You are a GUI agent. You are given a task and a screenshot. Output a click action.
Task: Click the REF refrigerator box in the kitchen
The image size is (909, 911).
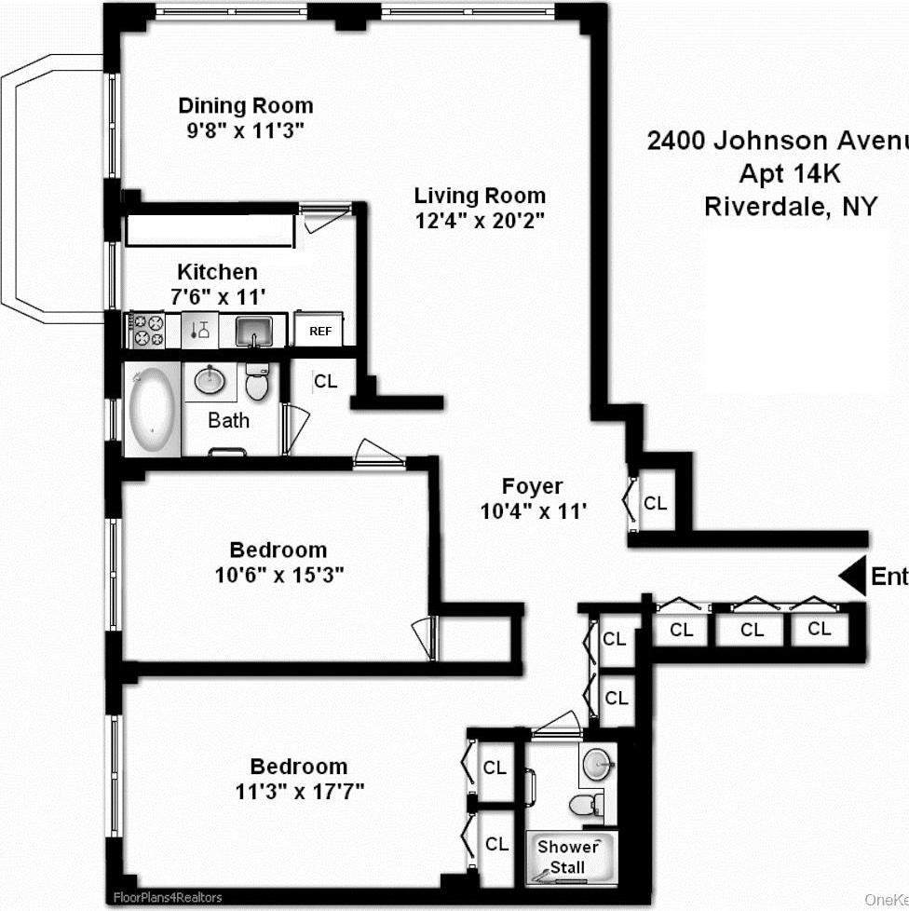pos(319,331)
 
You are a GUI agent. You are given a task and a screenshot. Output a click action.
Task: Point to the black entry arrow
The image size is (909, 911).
pos(851,577)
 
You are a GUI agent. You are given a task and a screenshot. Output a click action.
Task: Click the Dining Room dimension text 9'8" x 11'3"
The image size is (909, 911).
pos(245,130)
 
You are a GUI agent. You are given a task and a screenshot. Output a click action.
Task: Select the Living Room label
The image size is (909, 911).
pos(480,196)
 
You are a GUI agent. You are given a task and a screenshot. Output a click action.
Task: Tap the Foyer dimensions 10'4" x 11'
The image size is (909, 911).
pos(533,510)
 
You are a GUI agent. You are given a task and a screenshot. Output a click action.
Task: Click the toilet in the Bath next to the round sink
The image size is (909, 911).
pos(256,382)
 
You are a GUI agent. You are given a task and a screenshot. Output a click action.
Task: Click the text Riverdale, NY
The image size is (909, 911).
pos(790,206)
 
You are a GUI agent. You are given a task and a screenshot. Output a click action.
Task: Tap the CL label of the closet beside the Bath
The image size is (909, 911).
pos(325,381)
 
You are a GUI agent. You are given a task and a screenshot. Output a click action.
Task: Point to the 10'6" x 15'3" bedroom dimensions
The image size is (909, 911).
pos(279,575)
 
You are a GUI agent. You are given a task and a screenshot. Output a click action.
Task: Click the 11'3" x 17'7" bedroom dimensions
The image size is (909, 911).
pos(298,792)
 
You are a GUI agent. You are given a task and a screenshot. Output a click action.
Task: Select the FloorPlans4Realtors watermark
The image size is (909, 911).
pos(168,898)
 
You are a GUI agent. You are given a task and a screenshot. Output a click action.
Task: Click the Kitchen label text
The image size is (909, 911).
pos(217,272)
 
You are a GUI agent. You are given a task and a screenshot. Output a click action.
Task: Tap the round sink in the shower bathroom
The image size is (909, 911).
pos(597,765)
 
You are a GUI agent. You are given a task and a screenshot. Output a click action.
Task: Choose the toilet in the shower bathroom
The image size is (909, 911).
pos(586,805)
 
